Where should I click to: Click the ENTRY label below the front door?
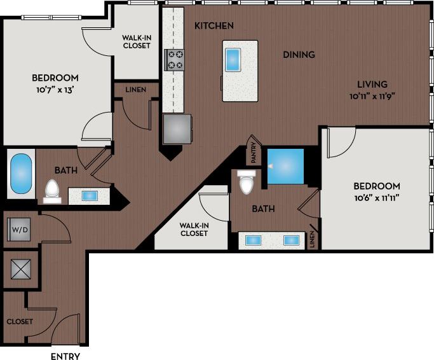(x=65, y=356)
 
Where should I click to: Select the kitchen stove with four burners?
(x=174, y=59)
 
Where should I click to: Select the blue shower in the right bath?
(x=285, y=166)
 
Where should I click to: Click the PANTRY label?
(x=253, y=153)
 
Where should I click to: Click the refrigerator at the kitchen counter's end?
(x=176, y=129)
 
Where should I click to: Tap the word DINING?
(x=299, y=55)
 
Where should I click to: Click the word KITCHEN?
(x=214, y=26)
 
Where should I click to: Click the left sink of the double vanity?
(x=254, y=240)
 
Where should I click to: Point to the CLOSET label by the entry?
(x=20, y=322)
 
